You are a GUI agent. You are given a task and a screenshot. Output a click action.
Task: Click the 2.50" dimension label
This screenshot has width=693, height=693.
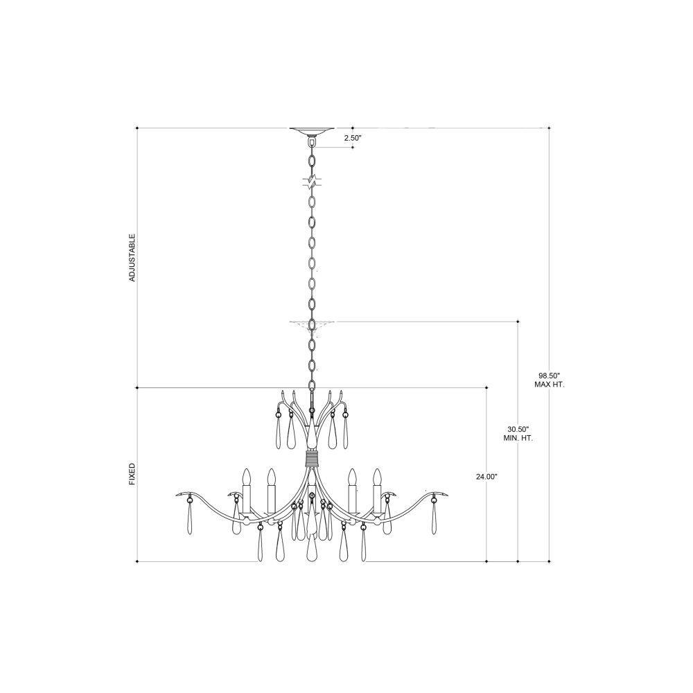(353, 138)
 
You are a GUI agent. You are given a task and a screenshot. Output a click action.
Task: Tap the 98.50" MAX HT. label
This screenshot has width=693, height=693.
(549, 380)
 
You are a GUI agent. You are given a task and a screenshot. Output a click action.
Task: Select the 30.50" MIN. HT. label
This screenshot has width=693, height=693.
(518, 434)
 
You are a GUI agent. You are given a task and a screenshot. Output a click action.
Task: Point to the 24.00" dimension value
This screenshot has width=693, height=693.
(486, 477)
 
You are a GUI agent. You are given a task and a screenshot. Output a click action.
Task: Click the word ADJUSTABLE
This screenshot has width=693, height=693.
(132, 258)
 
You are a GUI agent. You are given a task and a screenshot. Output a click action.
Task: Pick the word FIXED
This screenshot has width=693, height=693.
(132, 474)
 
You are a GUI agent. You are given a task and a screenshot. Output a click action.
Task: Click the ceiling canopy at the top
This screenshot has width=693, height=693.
(312, 131)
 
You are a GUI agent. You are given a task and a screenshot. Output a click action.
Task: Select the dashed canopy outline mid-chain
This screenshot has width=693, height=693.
(312, 324)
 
